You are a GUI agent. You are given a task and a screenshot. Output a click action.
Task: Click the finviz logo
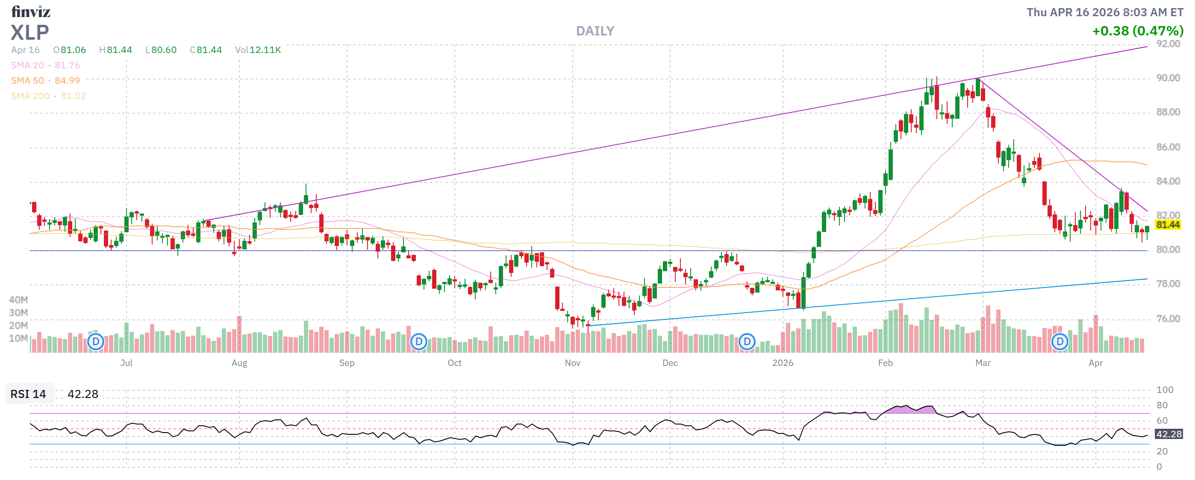click(x=31, y=11)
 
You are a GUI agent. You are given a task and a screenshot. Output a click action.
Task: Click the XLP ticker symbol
click(x=29, y=32)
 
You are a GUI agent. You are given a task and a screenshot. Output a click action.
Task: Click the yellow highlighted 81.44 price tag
click(x=1167, y=225)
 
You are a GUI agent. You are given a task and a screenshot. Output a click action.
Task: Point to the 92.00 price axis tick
click(x=1168, y=44)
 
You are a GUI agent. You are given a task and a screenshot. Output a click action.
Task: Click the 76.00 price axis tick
click(x=1168, y=319)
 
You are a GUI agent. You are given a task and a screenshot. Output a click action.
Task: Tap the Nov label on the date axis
click(x=572, y=363)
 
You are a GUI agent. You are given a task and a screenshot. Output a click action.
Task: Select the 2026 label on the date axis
click(x=783, y=363)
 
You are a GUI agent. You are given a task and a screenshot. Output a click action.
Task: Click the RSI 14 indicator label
click(x=28, y=394)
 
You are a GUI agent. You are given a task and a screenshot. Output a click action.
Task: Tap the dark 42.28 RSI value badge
click(x=1168, y=435)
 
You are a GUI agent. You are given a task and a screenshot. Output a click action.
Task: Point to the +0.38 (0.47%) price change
click(x=1137, y=31)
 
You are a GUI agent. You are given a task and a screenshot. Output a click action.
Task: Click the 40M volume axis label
click(x=18, y=300)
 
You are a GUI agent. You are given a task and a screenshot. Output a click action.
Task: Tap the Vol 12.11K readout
click(x=258, y=50)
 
